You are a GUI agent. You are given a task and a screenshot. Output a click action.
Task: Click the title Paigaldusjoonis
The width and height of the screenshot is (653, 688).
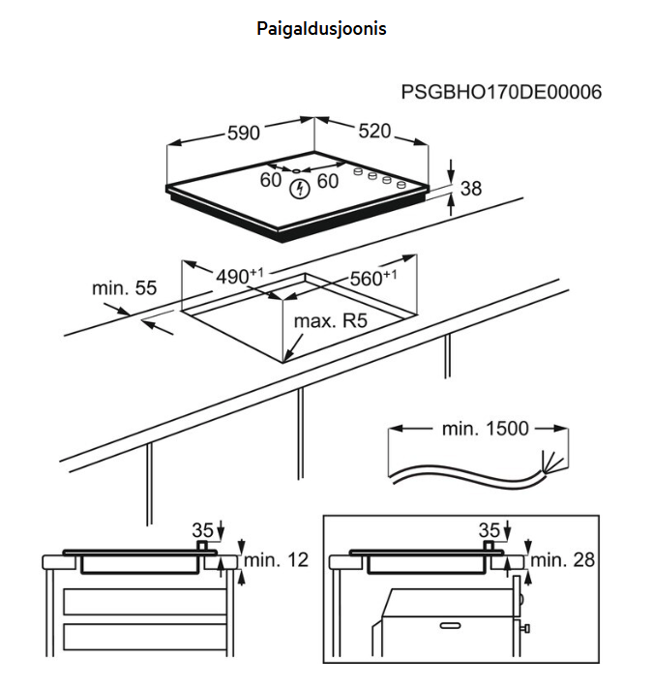(321, 29)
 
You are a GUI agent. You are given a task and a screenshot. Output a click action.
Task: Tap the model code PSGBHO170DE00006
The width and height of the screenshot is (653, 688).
(501, 93)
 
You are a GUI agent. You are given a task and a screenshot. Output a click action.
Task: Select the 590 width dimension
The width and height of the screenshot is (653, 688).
(243, 133)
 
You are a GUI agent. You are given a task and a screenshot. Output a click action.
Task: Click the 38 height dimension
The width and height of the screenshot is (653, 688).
(470, 189)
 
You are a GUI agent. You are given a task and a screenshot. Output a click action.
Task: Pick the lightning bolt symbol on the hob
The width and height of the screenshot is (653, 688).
(299, 187)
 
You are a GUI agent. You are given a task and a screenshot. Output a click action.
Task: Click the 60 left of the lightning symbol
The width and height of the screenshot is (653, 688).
(271, 181)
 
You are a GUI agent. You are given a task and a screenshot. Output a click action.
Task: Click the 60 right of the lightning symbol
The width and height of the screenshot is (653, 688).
(328, 181)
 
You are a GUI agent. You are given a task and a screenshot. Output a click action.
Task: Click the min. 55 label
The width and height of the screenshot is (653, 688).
(124, 287)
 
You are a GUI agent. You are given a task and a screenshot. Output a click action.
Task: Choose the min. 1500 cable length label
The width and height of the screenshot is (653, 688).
(486, 429)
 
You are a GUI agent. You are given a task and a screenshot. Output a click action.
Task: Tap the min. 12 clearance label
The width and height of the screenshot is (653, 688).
(276, 560)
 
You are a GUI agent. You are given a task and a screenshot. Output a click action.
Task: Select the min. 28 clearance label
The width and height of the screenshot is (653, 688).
(563, 560)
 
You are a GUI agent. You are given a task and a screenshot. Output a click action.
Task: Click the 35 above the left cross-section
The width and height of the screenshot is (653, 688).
(201, 530)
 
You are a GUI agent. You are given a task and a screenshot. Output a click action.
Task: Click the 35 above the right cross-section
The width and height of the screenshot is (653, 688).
(489, 530)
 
